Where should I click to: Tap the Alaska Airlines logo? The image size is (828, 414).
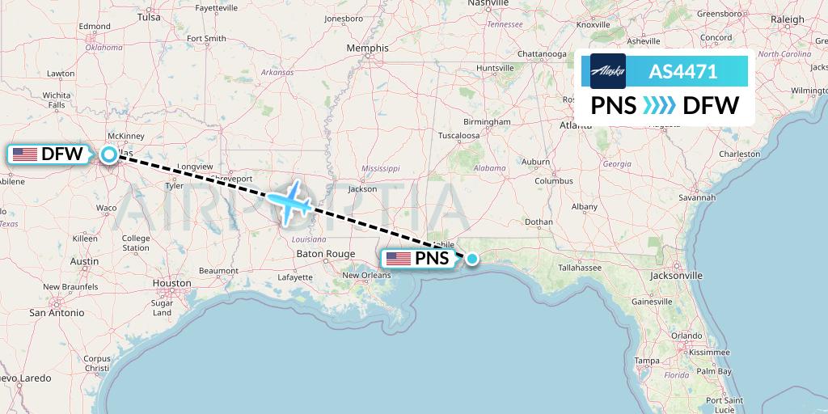click(x=608, y=71)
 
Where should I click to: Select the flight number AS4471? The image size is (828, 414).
click(x=682, y=71)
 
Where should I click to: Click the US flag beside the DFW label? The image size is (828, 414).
click(x=25, y=154)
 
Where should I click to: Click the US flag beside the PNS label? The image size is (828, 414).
click(x=399, y=259)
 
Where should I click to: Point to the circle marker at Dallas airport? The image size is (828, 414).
click(x=108, y=154)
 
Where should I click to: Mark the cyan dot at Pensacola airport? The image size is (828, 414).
click(x=472, y=259)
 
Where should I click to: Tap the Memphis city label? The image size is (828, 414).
click(x=367, y=48)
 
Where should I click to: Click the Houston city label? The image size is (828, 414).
click(x=171, y=283)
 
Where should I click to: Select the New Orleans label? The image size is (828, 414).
click(x=366, y=275)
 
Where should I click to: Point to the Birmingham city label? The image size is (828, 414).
click(x=488, y=122)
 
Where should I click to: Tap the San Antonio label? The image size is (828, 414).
click(x=57, y=311)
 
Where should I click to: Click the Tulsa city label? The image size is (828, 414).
click(x=149, y=16)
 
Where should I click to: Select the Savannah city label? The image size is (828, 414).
click(x=697, y=196)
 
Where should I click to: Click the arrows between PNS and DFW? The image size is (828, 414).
click(x=659, y=105)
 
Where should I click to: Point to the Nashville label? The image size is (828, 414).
click(x=487, y=3)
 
